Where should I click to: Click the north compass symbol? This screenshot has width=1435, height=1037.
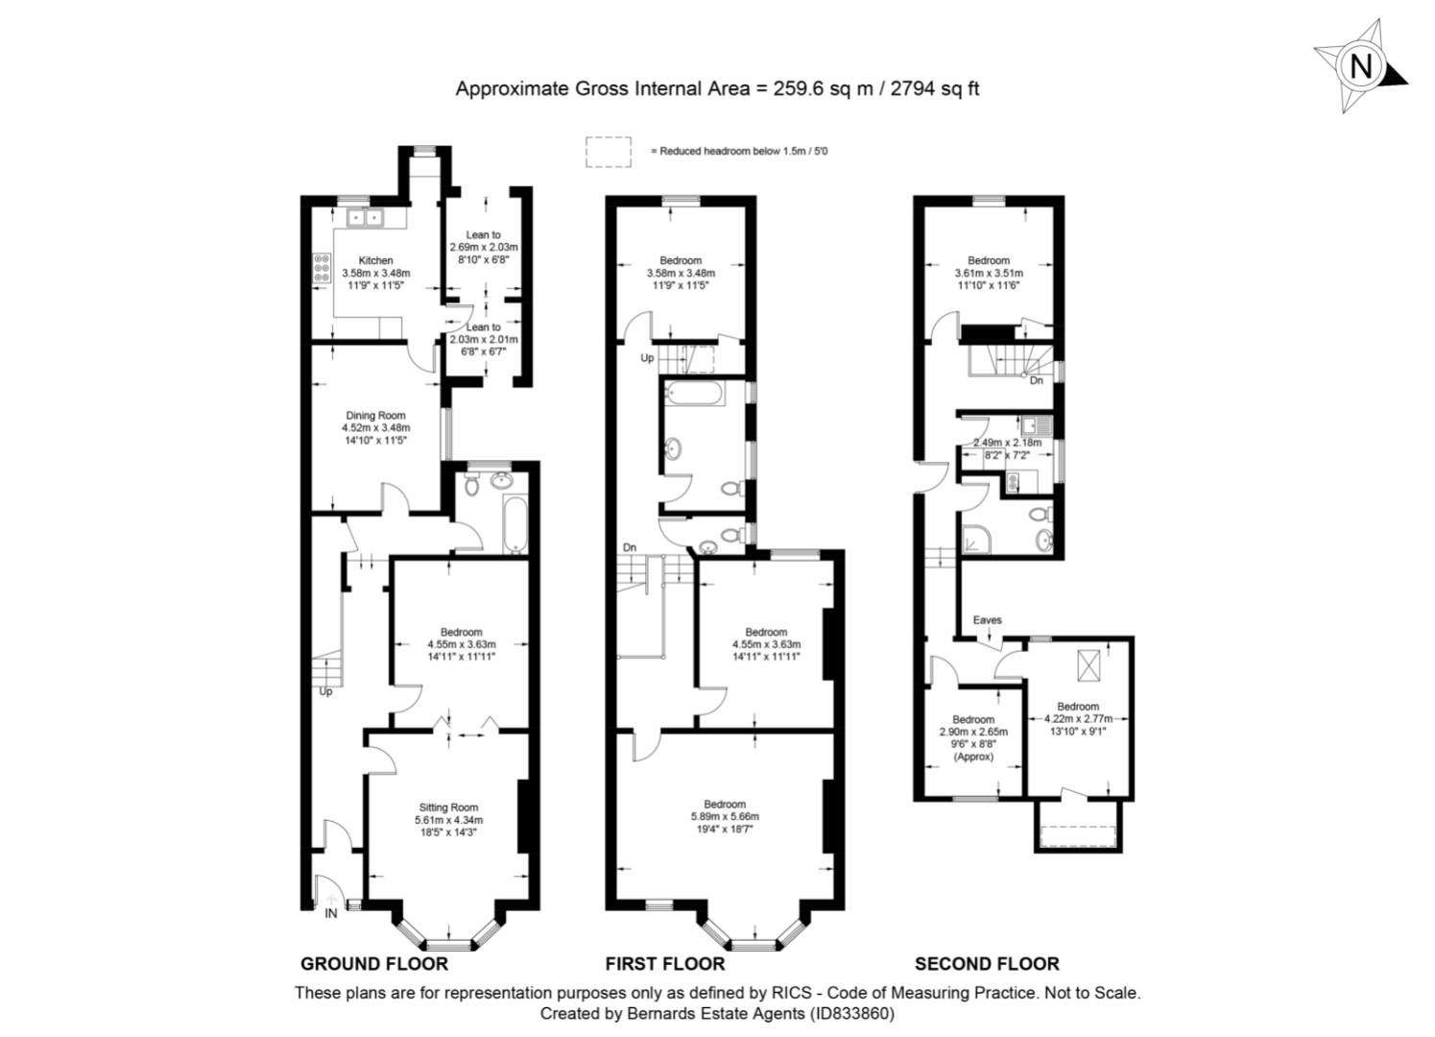1360,66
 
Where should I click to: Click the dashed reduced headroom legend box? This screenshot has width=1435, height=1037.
609,152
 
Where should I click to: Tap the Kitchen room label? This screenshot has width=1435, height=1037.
375,260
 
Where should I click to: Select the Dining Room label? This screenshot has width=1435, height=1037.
375,416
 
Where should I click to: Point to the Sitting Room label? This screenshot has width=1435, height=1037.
448,808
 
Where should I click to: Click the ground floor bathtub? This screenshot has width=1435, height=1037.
514,524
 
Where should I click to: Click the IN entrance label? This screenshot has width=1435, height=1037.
330,913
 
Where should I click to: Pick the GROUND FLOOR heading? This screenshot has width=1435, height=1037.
374,964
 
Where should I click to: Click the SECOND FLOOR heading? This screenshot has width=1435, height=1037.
987,964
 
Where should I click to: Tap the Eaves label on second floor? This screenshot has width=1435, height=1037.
987,619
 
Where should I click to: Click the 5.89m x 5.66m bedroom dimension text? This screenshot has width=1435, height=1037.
725,817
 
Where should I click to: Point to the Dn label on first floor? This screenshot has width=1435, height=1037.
630,547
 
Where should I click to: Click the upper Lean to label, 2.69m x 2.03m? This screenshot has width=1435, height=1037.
483,234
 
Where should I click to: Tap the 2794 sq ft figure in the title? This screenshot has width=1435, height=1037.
935,88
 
